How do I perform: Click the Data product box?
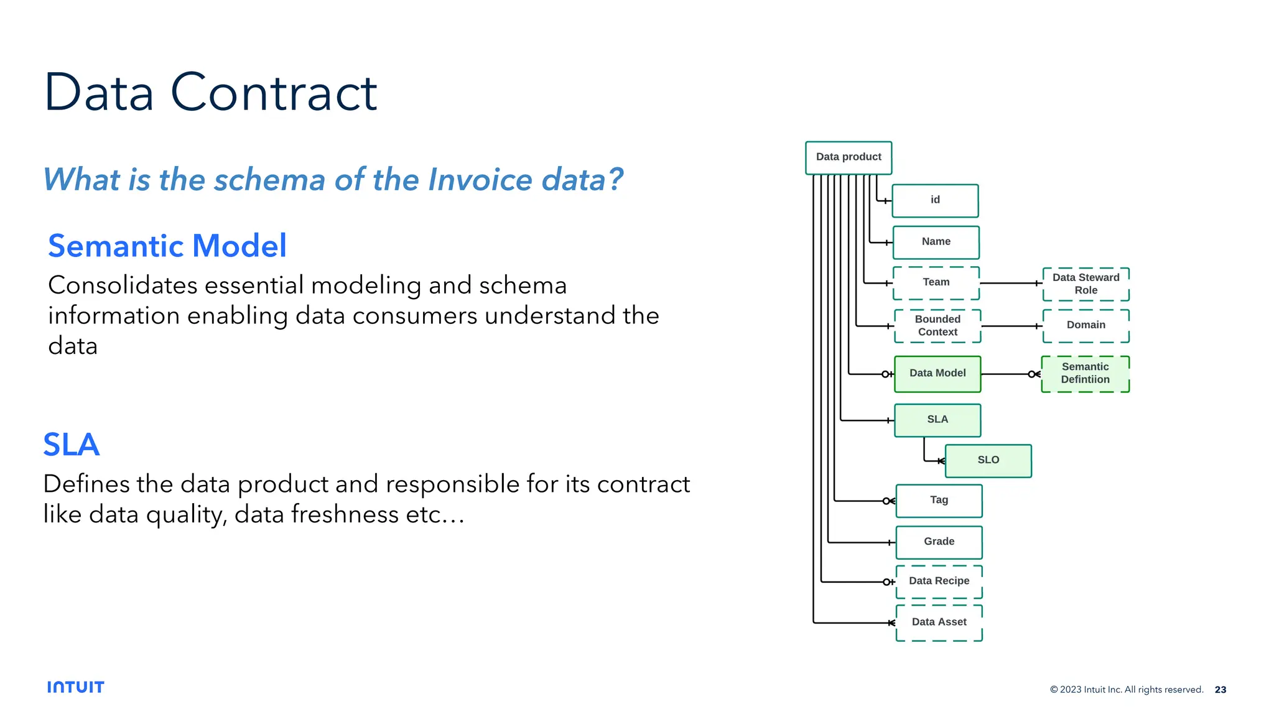[x=848, y=157]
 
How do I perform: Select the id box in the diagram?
[x=934, y=200]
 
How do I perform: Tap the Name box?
[x=936, y=242]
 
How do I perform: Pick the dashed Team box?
[x=936, y=283]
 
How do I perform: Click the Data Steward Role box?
[x=1086, y=284]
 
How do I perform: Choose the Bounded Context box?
[x=937, y=326]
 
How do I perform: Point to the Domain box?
[x=1086, y=325]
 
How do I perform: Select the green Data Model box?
[x=937, y=374]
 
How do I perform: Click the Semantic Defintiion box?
[x=1085, y=374]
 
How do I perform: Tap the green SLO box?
[x=988, y=461]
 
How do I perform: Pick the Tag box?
[x=939, y=501]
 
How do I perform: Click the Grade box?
[x=939, y=542]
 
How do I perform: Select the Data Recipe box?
[x=939, y=581]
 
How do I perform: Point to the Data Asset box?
[x=939, y=622]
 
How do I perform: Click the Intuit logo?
[x=76, y=687]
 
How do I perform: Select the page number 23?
[x=1220, y=690]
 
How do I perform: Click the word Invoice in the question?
[x=480, y=180]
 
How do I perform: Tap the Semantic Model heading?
[x=167, y=246]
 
